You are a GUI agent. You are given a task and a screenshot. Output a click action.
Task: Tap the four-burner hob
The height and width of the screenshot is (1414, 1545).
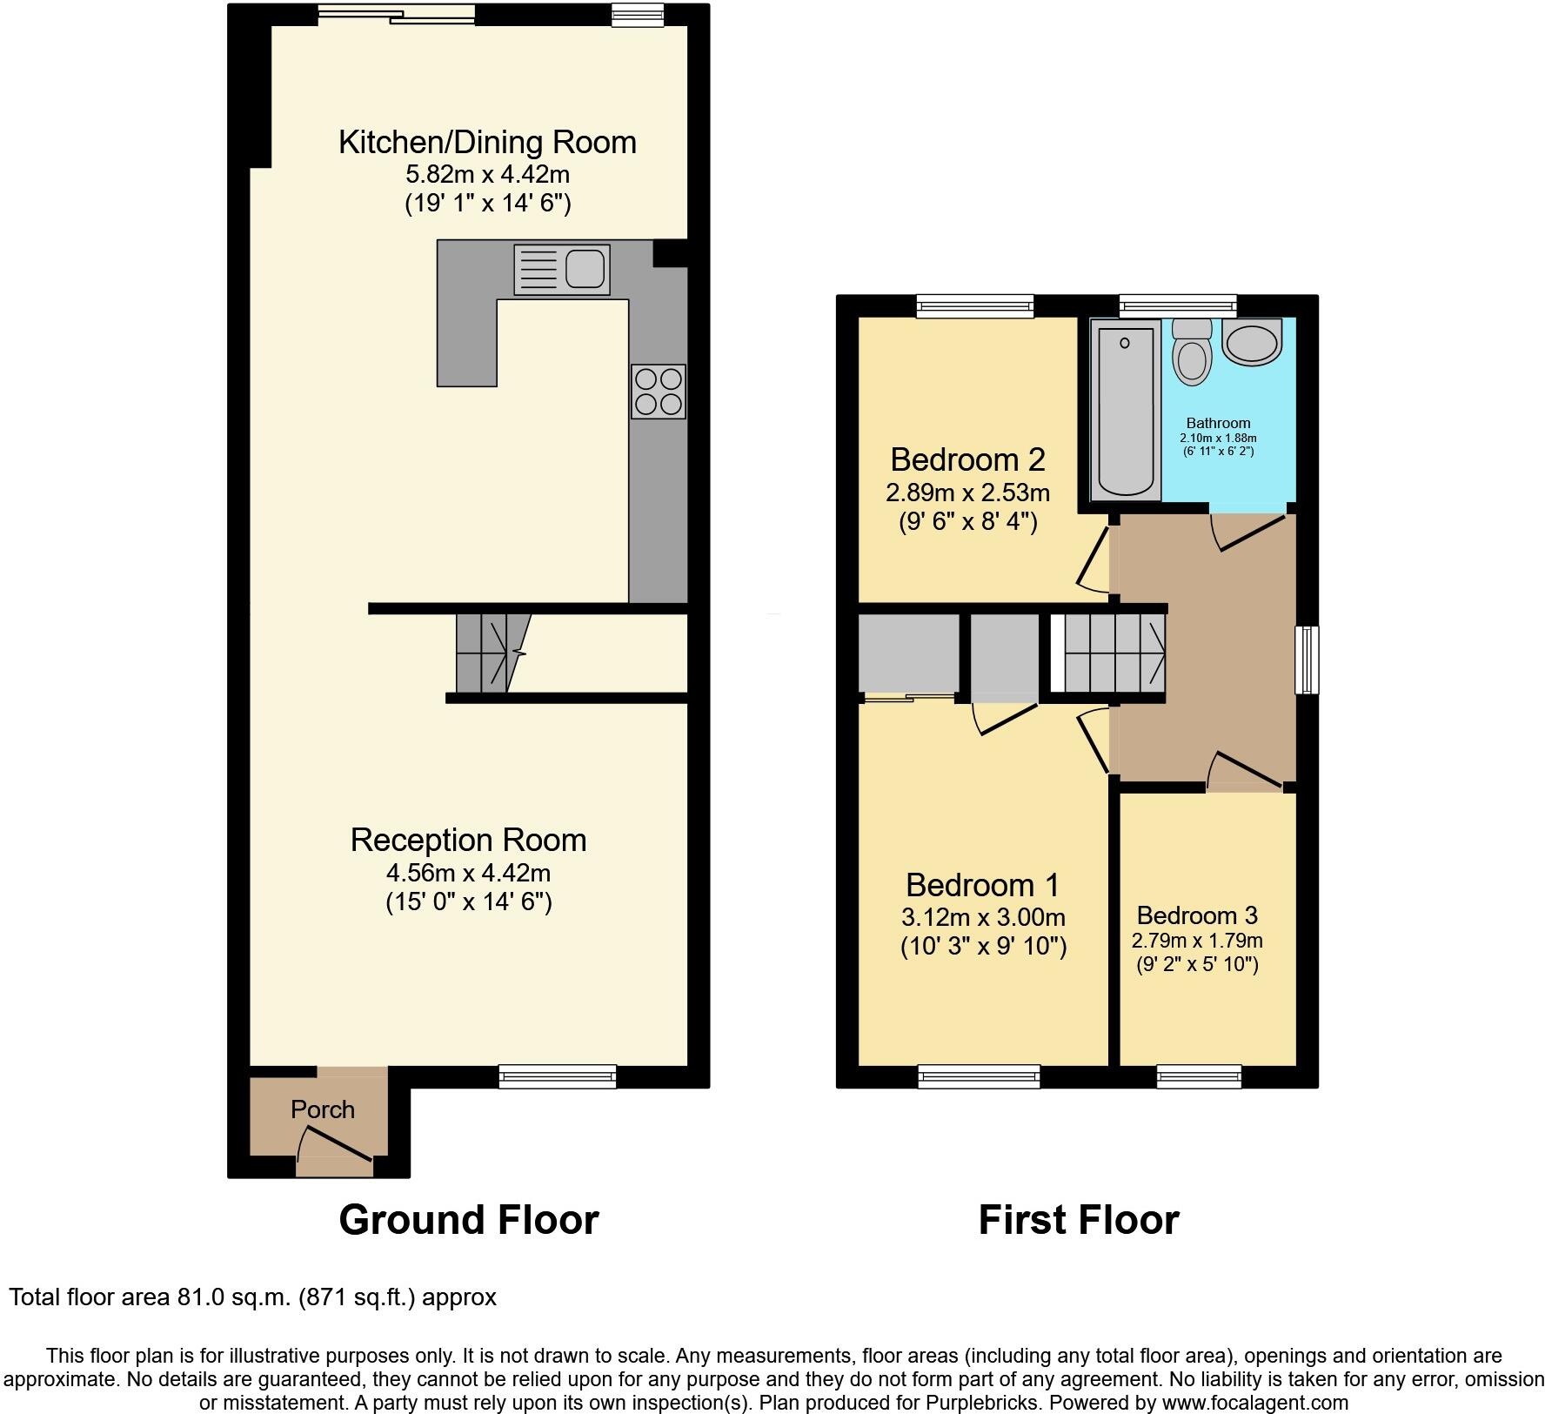pos(658,392)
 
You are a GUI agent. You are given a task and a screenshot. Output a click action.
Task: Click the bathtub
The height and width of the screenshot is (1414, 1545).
pos(1126,409)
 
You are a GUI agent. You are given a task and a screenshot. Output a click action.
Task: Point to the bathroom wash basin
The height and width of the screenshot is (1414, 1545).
pos(1253,341)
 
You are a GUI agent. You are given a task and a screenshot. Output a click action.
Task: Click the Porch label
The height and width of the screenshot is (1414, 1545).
pos(323,1109)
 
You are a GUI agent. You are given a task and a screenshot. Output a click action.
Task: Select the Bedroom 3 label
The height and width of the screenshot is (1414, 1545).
pos(1197,915)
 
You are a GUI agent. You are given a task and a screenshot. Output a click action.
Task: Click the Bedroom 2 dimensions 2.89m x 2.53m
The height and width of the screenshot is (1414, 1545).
pos(967,493)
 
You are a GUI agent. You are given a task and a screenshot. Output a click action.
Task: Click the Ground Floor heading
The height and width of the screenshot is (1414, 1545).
pos(468,1220)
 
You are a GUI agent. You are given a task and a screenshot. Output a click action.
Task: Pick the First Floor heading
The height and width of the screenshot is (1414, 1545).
pos(1078,1220)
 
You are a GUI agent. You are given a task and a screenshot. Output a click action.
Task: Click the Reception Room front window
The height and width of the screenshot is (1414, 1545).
pos(558,1076)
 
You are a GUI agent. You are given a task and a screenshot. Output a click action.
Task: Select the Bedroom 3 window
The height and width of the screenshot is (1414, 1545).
pos(1199,1076)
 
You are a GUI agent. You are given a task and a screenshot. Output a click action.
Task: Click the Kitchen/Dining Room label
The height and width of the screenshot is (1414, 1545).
pos(487,142)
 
